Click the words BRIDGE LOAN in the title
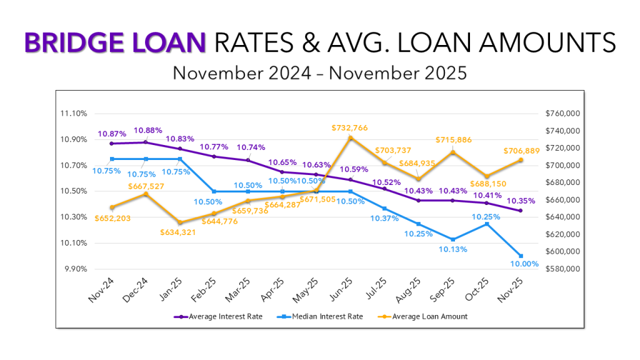coord(114,42)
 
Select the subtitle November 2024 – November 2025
coord(319,72)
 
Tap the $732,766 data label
coord(349,127)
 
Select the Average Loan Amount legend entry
coord(424,316)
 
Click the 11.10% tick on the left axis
coord(74,114)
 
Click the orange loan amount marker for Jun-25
coord(351,138)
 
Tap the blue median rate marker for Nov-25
coord(521,256)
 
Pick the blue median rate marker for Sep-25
coord(452,239)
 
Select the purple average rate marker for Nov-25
coord(521,211)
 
